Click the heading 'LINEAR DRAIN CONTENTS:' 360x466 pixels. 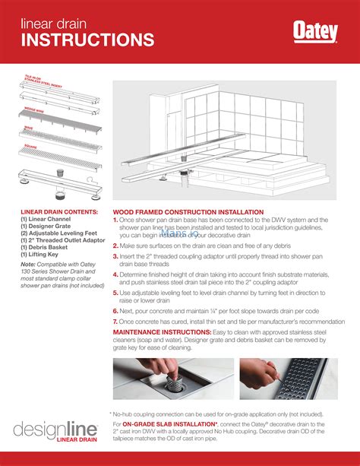[59, 211]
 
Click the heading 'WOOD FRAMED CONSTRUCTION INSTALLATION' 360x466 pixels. [188, 212]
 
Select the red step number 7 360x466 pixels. [115, 322]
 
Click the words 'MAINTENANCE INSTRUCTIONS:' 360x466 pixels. [157, 332]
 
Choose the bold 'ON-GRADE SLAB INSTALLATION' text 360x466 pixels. [169, 423]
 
